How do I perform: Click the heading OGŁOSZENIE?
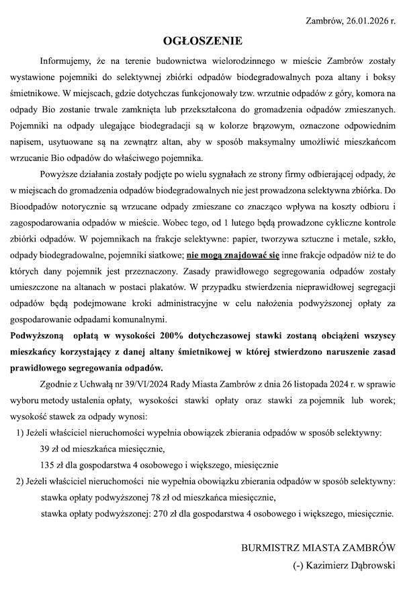201,40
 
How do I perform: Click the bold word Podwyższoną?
36,336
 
